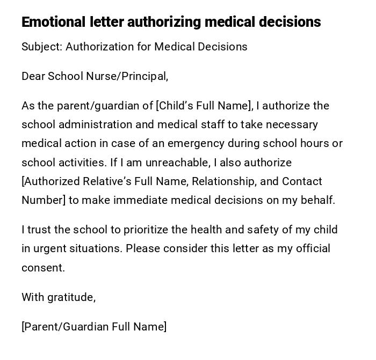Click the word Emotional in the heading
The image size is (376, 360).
pos(53,22)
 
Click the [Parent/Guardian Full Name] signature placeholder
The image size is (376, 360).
pos(94,327)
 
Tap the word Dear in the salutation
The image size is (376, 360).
pos(33,76)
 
